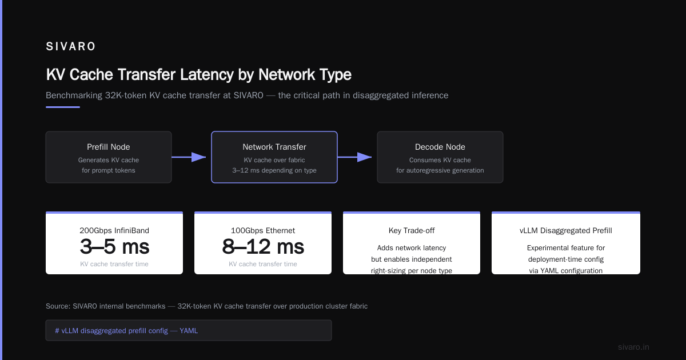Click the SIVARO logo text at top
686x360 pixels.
coord(70,46)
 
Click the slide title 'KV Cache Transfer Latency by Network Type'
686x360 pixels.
coord(199,74)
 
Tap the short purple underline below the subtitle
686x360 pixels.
coord(63,107)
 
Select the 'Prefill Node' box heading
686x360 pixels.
coord(109,147)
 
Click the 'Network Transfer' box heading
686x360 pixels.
coord(274,147)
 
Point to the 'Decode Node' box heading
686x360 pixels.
coord(440,147)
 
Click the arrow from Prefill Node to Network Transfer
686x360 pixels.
coord(189,157)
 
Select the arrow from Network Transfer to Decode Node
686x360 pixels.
coord(354,157)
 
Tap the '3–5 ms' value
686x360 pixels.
coord(114,247)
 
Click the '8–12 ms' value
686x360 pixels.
coord(263,247)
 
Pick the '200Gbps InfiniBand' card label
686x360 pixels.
coord(114,230)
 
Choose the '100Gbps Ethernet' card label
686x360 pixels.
coord(263,230)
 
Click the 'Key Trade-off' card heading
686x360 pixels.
coord(412,230)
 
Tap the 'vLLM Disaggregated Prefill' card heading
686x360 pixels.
coord(566,230)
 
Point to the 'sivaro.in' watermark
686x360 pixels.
coord(633,347)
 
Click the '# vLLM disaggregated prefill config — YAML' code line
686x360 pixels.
coord(126,331)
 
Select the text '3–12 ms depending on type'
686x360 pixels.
coord(274,170)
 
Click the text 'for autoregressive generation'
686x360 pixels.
coord(440,170)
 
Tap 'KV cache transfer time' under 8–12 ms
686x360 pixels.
coord(263,264)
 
